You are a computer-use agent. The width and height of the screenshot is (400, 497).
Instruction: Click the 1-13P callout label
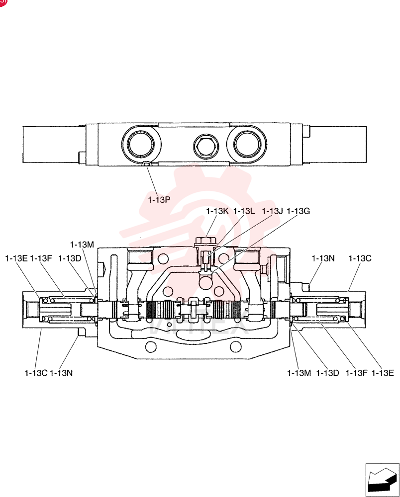[x=159, y=200]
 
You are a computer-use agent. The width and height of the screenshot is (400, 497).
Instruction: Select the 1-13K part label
[x=217, y=211]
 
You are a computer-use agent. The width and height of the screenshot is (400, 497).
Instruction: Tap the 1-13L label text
[x=244, y=211]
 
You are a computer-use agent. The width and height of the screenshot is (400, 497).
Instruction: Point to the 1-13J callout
[x=272, y=211]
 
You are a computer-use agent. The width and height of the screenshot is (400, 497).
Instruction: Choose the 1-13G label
[x=298, y=211]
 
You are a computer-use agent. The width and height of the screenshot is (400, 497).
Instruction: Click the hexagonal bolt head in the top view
[x=205, y=146]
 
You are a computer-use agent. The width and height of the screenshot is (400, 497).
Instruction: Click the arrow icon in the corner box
[x=382, y=481]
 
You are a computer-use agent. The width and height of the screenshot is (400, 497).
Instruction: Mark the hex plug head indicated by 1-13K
[x=205, y=242]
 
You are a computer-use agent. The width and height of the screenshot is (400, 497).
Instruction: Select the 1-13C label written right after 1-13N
[x=360, y=258]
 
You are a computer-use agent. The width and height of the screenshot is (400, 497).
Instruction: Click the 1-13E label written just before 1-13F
[x=16, y=258]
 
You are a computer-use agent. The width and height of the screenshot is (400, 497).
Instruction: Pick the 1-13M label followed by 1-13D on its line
[x=299, y=373]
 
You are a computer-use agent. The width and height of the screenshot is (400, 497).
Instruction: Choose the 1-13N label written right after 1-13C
[x=61, y=373]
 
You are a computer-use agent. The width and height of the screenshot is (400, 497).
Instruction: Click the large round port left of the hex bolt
[x=141, y=144]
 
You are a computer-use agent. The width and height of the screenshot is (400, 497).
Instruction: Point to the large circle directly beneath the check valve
[x=205, y=282]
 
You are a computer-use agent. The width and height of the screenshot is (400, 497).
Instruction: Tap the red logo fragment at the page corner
[x=2, y=2]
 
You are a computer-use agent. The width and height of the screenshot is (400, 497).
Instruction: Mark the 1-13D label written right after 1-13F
[x=70, y=258]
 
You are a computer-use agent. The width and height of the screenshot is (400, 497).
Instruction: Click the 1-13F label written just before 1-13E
[x=356, y=373]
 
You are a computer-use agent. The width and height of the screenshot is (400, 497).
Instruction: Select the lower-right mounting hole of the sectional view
[x=235, y=347]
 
